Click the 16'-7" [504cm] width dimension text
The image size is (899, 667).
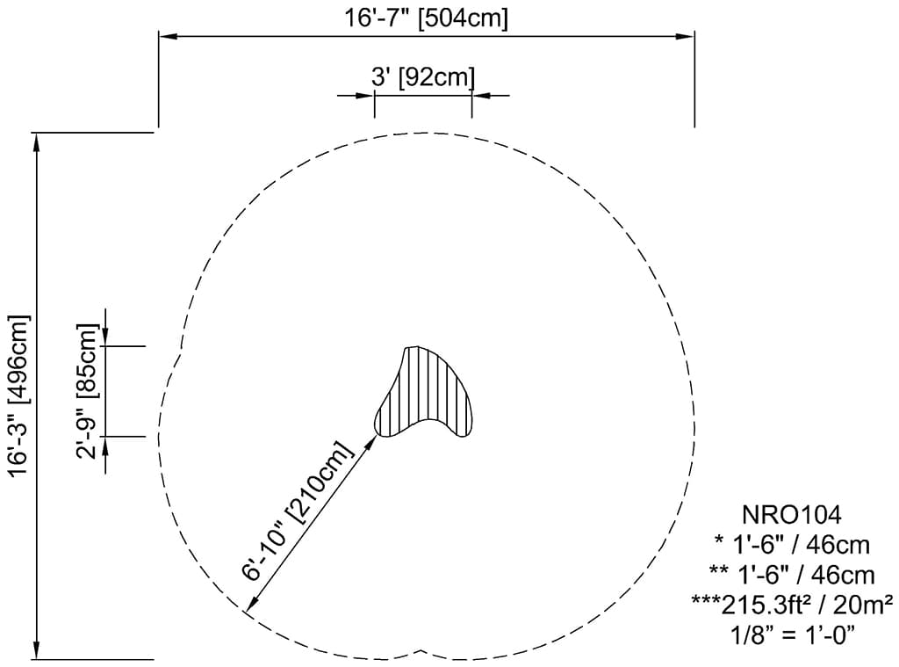point(427,18)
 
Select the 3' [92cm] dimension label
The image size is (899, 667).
point(423,77)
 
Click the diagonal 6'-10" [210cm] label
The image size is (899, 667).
point(299,511)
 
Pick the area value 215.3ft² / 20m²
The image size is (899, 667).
point(793,604)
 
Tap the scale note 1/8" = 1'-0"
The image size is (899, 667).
point(793,633)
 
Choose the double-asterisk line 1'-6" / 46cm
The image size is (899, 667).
point(793,575)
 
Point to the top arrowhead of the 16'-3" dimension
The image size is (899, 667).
point(37,140)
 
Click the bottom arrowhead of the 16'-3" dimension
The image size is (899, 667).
point(37,650)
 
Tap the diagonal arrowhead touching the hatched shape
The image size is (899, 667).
point(372,440)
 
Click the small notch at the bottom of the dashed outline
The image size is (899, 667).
point(424,652)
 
